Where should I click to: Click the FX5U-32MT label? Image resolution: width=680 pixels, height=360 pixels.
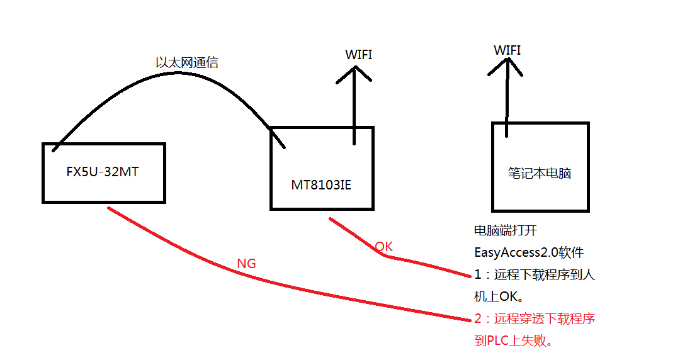(x=102, y=172)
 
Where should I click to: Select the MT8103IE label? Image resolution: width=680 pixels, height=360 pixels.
(x=321, y=184)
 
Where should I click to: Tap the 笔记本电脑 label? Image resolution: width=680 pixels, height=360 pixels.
(x=540, y=173)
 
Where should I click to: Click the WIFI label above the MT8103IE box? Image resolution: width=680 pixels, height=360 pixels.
(x=358, y=55)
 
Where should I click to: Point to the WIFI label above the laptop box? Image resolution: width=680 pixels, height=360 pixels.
(x=507, y=50)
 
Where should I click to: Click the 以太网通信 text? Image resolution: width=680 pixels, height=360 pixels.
(x=187, y=63)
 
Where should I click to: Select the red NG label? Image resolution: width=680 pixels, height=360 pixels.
(x=246, y=264)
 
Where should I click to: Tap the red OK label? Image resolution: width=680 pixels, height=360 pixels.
(x=383, y=247)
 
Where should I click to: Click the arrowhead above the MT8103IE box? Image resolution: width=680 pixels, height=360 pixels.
(x=353, y=74)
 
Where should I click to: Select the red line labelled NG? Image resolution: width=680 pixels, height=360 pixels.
(x=283, y=286)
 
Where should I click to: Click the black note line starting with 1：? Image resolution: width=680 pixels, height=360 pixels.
(x=534, y=275)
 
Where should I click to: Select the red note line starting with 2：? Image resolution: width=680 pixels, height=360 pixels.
(x=534, y=319)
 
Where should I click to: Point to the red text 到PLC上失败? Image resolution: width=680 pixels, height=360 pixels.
(x=516, y=341)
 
